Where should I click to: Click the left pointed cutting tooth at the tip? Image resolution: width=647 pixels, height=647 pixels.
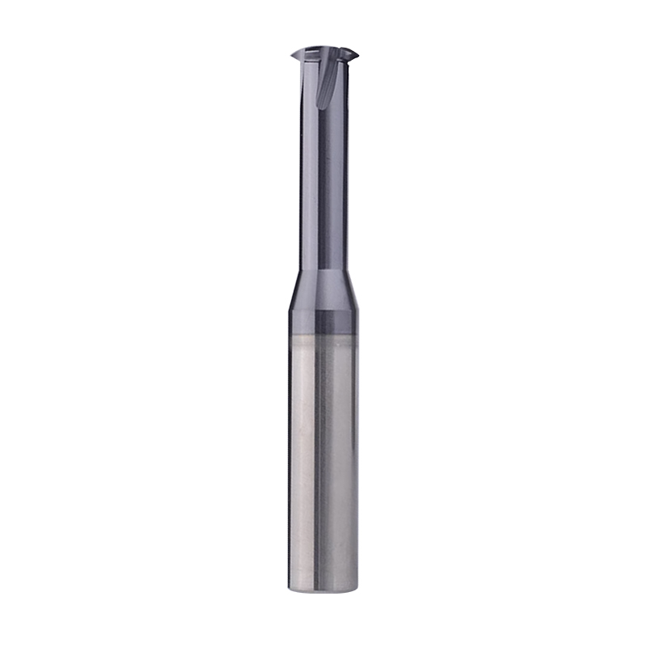(294, 55)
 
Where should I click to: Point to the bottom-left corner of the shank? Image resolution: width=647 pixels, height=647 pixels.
(291, 586)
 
